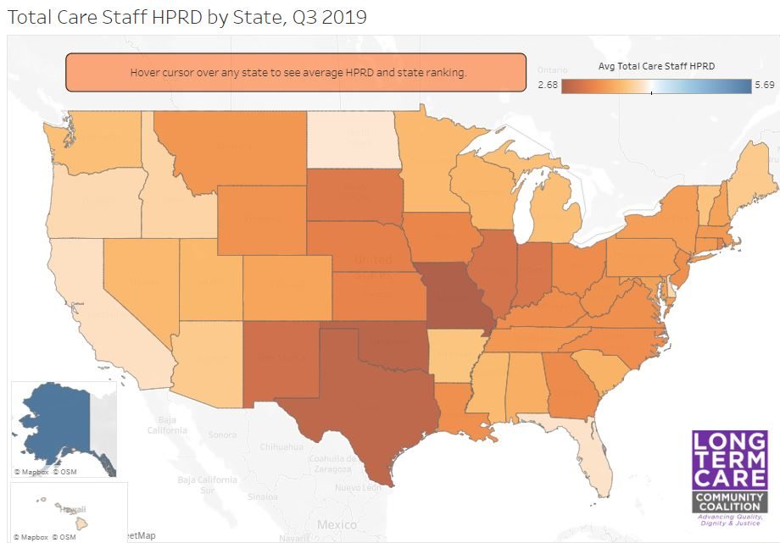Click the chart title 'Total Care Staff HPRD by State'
click(187, 17)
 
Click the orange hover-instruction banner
click(297, 73)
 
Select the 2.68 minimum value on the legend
click(548, 86)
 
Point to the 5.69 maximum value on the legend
click(765, 86)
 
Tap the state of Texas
click(339, 398)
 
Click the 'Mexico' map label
click(336, 525)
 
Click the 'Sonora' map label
click(222, 435)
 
